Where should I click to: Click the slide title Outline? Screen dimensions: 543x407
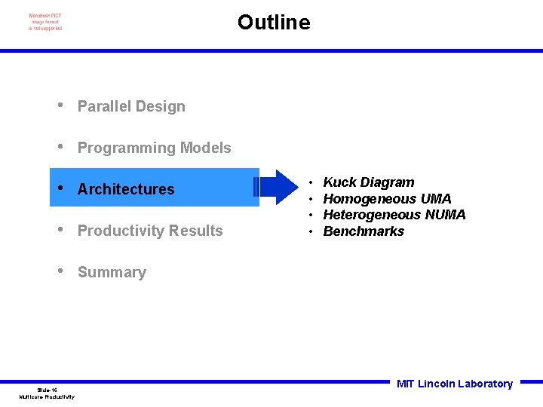tap(273, 23)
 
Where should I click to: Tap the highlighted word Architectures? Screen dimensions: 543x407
tap(126, 189)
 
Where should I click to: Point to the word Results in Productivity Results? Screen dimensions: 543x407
tap(198, 231)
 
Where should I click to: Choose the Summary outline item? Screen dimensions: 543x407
tap(112, 273)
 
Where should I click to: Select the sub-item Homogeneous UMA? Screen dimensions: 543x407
tap(387, 199)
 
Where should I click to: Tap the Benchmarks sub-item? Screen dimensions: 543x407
tap(364, 232)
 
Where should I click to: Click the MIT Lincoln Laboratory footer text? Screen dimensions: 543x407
tap(455, 384)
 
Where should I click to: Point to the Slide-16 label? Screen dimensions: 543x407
tap(47, 390)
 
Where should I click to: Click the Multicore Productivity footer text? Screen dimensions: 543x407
tap(47, 397)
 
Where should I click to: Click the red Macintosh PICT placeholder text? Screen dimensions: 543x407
tap(45, 22)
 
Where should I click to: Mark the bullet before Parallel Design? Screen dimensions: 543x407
tap(60, 106)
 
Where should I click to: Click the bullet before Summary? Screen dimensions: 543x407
tap(60, 271)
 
